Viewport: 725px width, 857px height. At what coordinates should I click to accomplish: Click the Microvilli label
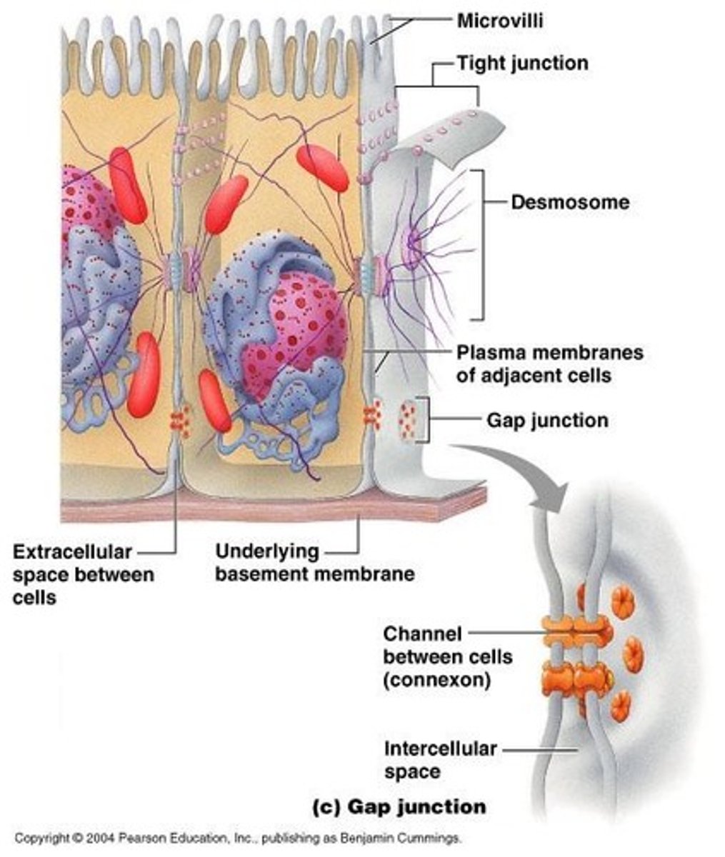pyautogui.click(x=500, y=21)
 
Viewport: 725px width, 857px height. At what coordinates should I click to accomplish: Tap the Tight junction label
pyautogui.click(x=522, y=64)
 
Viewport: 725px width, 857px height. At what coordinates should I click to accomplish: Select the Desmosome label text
pyautogui.click(x=570, y=202)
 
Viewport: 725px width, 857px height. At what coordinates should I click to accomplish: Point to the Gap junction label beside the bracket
pyautogui.click(x=547, y=420)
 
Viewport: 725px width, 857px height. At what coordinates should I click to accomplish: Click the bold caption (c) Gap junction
pyautogui.click(x=400, y=807)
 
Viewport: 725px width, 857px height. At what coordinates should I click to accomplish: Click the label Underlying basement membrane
pyautogui.click(x=314, y=563)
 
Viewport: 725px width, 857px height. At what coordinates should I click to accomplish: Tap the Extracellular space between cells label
pyautogui.click(x=83, y=574)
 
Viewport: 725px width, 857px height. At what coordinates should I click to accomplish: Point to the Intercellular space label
pyautogui.click(x=440, y=760)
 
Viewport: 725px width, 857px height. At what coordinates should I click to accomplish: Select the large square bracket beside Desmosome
pyautogui.click(x=480, y=244)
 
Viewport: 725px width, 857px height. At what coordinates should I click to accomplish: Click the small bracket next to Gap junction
pyautogui.click(x=426, y=420)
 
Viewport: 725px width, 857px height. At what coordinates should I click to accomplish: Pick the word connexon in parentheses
pyautogui.click(x=436, y=679)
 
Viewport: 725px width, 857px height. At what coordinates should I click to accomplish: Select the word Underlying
pyautogui.click(x=266, y=552)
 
